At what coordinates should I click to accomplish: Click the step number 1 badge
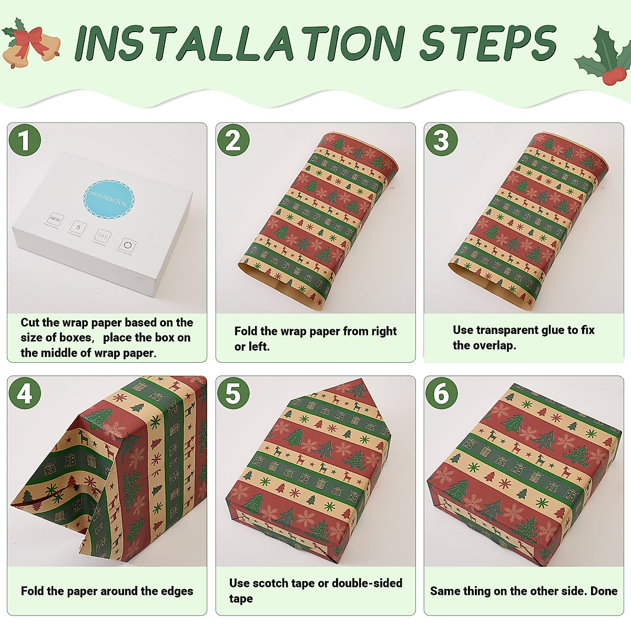coord(24,141)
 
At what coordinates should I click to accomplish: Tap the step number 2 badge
coord(233,141)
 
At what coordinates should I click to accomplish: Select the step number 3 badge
coord(441,141)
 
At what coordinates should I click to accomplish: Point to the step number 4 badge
coord(24,394)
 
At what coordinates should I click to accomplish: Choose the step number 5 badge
coord(233,394)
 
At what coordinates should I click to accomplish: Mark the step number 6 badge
coord(441,394)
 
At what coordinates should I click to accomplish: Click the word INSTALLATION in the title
coord(239,43)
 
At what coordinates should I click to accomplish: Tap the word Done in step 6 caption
coord(604,591)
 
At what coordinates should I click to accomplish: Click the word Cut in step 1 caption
coord(30,322)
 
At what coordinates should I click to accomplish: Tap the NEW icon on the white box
coord(55,219)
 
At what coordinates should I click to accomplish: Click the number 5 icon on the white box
coord(78,227)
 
